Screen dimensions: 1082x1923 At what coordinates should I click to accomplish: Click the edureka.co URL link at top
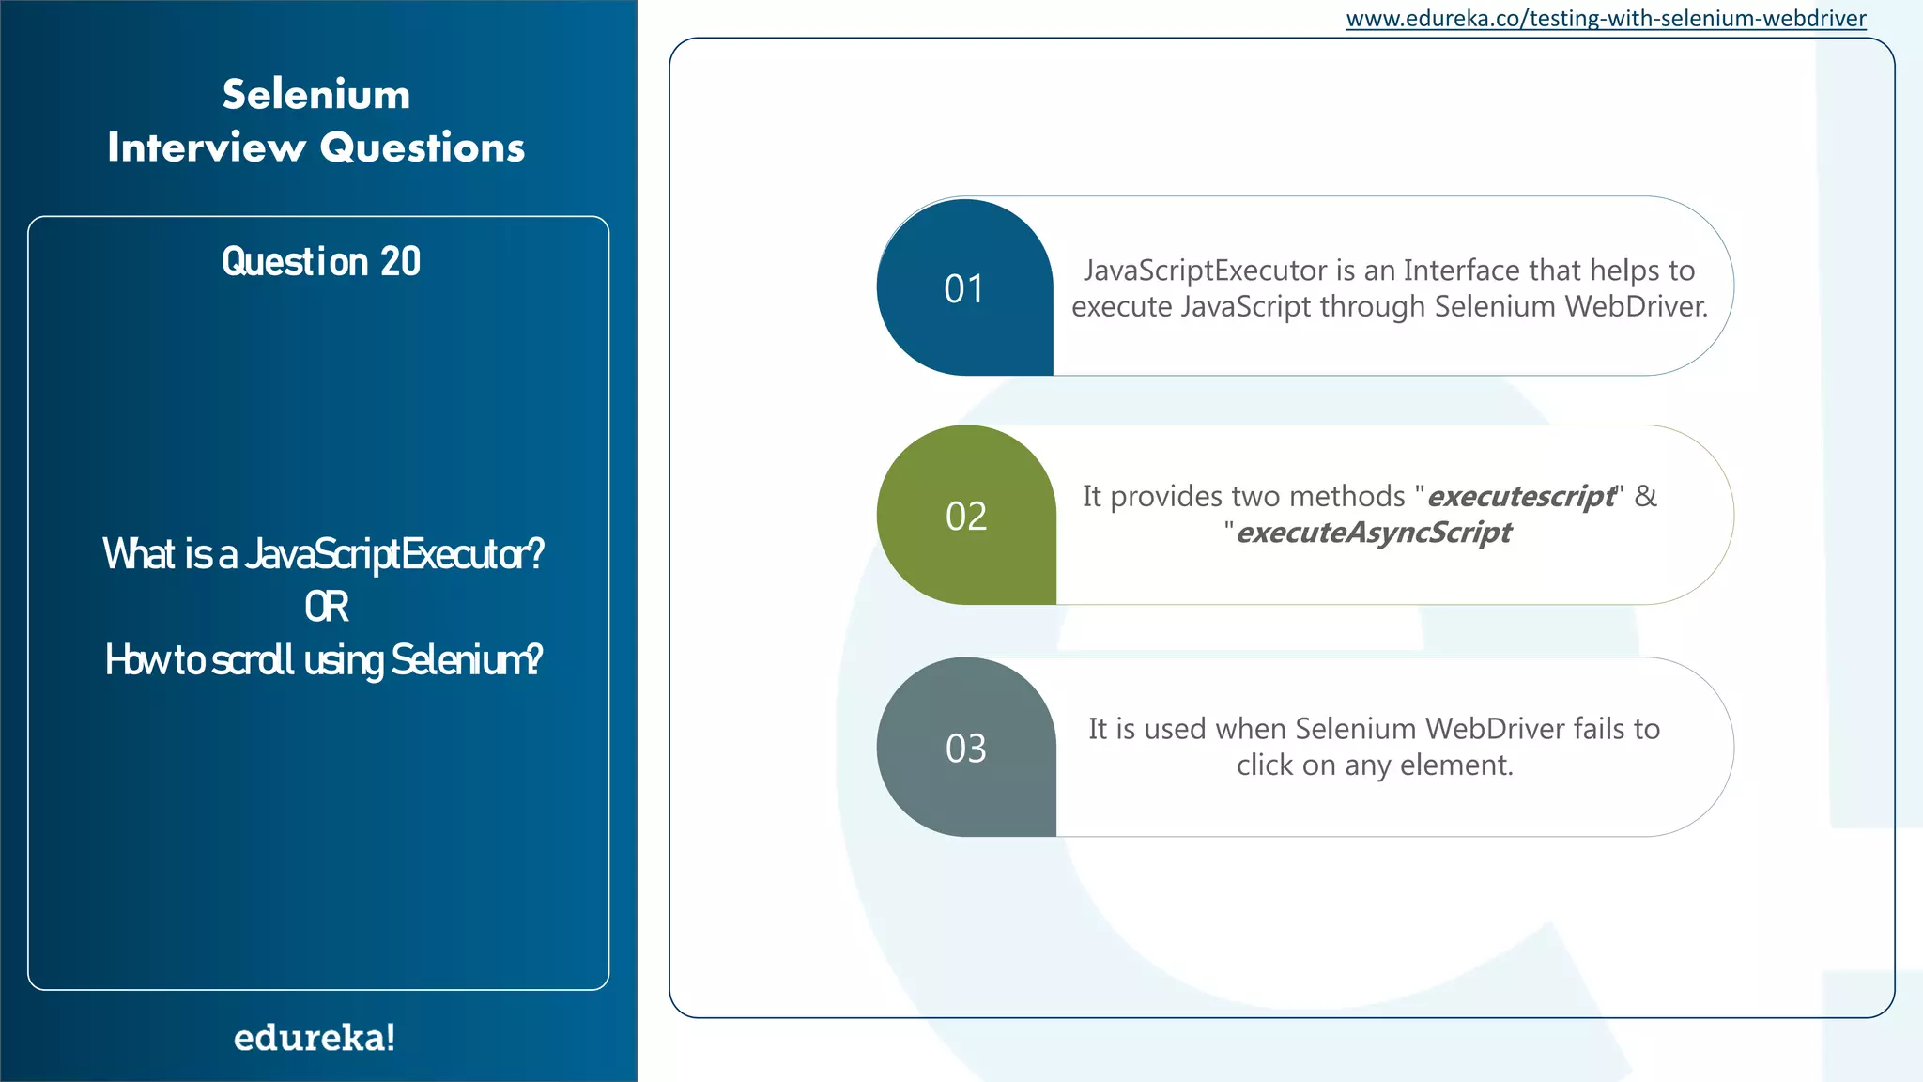1606,19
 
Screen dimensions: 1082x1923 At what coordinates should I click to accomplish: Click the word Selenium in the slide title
316,95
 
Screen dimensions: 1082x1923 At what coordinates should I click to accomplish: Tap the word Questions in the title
422,147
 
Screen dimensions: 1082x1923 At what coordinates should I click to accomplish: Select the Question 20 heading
320,261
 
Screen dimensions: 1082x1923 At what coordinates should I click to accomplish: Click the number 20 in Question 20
400,261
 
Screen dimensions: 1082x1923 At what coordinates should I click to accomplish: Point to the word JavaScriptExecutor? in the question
394,554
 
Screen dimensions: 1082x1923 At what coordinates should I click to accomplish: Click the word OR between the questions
326,607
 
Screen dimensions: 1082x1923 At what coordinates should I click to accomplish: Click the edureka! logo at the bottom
315,1038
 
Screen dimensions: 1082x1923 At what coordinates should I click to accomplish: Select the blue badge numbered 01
964,288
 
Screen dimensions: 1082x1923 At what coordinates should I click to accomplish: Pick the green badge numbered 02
965,516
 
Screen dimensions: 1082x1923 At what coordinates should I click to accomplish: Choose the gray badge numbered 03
965,749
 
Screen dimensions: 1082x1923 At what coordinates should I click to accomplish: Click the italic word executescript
1521,496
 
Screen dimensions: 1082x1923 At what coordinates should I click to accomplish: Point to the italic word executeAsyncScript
1374,533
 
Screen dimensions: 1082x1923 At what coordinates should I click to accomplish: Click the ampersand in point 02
1645,496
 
